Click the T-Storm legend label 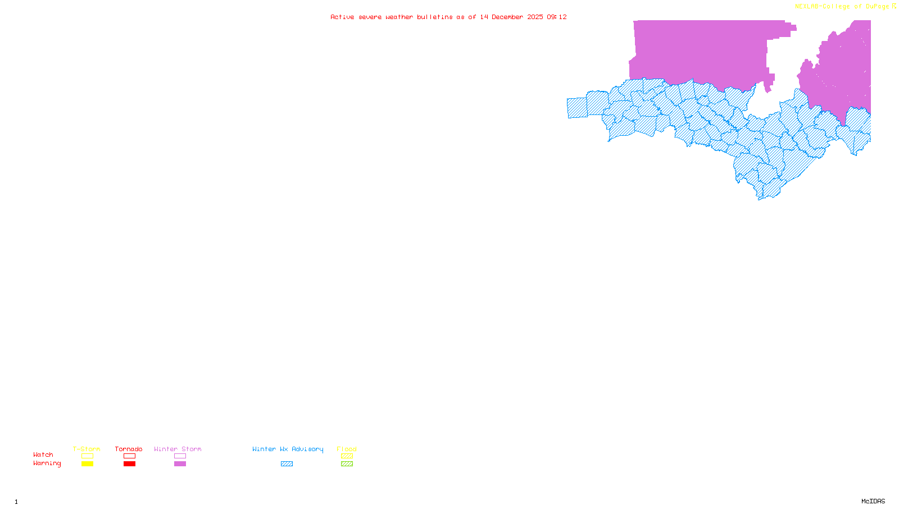point(87,449)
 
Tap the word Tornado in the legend point(129,449)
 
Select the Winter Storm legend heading point(178,449)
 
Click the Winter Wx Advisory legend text point(288,449)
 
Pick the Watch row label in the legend point(43,454)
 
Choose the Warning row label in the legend point(47,463)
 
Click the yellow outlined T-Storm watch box point(87,456)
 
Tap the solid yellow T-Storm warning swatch point(87,464)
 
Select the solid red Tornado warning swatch point(129,464)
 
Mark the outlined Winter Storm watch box point(180,456)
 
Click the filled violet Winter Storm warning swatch point(180,464)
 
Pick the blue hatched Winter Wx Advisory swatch point(287,464)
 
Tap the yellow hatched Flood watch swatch point(347,456)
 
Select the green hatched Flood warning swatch point(347,464)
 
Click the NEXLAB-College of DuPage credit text point(842,7)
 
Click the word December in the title point(507,17)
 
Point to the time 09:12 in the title point(557,17)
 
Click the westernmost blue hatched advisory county point(576,108)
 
